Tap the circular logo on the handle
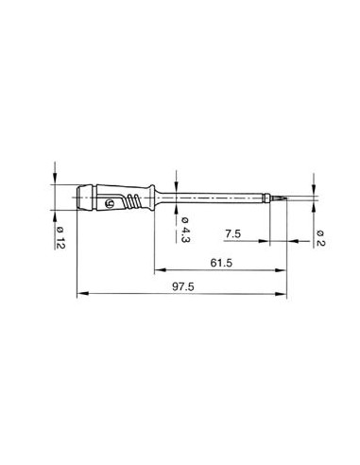(x=115, y=201)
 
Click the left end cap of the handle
(x=81, y=199)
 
